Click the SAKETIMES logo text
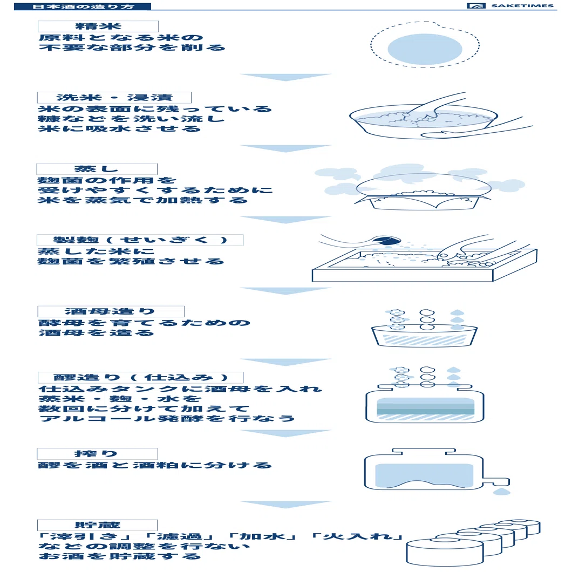coord(522,5)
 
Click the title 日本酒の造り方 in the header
coord(83,6)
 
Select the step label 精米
coord(98,26)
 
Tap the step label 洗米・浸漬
coord(114,97)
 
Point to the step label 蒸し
coord(97,169)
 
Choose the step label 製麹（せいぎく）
coord(140,240)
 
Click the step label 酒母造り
coord(111,311)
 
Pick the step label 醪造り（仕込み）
coord(140,378)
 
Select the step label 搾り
coord(97,454)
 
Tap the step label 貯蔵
coord(97,525)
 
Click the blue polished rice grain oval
coord(425,49)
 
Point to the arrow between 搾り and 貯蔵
coord(285,505)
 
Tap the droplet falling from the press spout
coord(502,492)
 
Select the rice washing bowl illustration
coord(424,122)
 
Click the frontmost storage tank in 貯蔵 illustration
coord(445,552)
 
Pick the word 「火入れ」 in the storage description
coord(357,536)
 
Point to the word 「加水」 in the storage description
coord(262,536)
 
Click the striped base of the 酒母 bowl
coord(424,340)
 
